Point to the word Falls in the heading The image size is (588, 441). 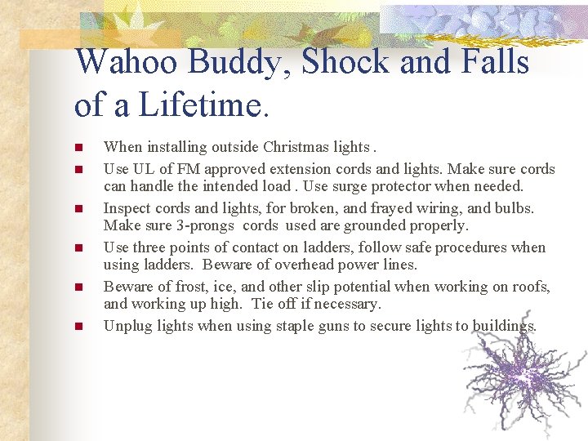pyautogui.click(x=493, y=63)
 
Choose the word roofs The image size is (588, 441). pyautogui.click(x=530, y=287)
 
